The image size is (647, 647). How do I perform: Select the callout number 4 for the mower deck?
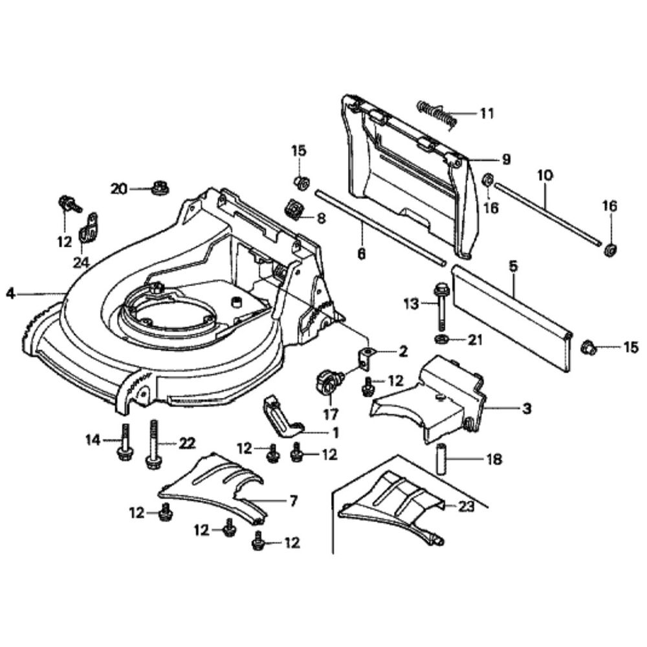[x=10, y=293]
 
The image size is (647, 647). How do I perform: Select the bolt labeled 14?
[x=124, y=444]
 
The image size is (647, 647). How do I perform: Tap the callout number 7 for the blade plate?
[x=292, y=501]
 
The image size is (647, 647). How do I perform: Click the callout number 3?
[x=526, y=408]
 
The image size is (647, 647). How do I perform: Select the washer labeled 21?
[x=441, y=338]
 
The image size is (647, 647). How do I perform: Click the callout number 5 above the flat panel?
[x=513, y=265]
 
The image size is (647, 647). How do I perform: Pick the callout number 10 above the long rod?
[x=544, y=174]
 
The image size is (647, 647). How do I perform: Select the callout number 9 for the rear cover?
[x=506, y=159]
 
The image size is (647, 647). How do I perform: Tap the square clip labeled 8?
[x=294, y=209]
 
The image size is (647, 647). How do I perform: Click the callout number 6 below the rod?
[x=361, y=253]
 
